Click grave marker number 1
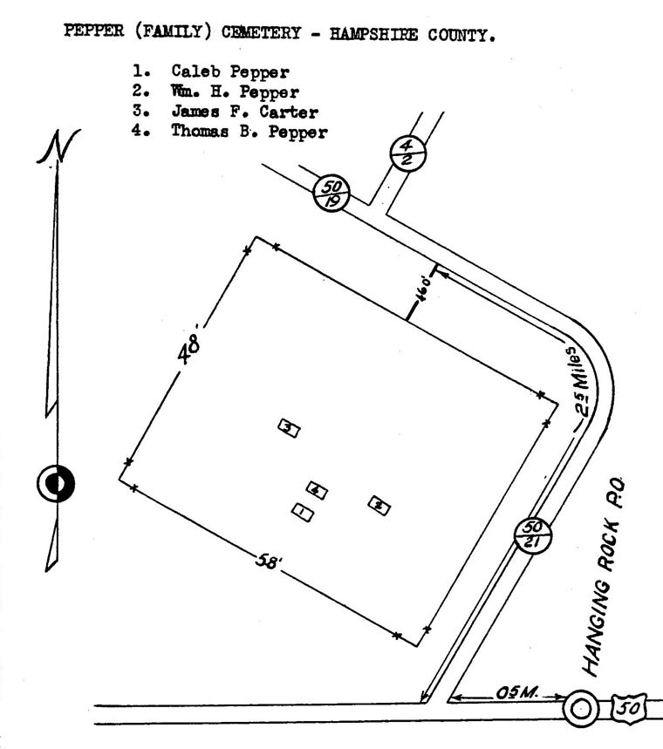click(x=302, y=513)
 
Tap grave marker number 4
click(x=317, y=490)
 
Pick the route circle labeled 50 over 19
click(x=331, y=194)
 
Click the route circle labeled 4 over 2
click(x=407, y=153)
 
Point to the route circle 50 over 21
click(x=532, y=535)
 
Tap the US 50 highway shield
click(x=629, y=708)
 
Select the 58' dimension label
click(x=269, y=561)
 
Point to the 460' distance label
click(x=423, y=288)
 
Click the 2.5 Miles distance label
click(x=579, y=381)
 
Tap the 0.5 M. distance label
click(x=517, y=692)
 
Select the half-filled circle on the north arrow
click(x=56, y=483)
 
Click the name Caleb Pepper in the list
click(x=230, y=72)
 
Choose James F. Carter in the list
click(x=245, y=112)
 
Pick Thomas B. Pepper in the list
click(x=249, y=132)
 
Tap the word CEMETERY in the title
click(x=262, y=33)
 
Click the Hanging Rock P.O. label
click(x=604, y=576)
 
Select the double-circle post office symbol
click(x=581, y=708)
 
